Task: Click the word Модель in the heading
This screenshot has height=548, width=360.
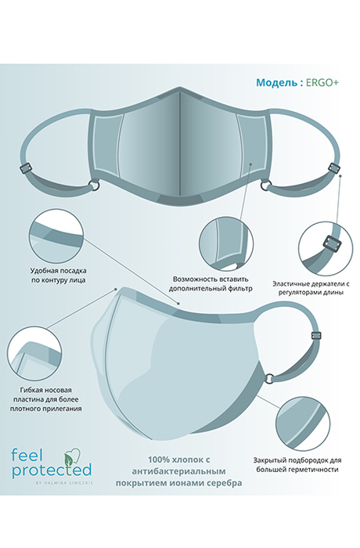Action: pyautogui.click(x=276, y=82)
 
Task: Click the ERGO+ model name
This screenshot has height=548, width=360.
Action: pyautogui.click(x=322, y=82)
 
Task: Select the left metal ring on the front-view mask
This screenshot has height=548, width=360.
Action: pyautogui.click(x=95, y=186)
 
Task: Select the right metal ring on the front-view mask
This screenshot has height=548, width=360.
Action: pyautogui.click(x=264, y=186)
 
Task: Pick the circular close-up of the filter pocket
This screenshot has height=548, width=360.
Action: pyautogui.click(x=226, y=243)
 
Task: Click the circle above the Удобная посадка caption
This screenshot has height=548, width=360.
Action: pyautogui.click(x=56, y=235)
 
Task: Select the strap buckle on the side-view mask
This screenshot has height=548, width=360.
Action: pyautogui.click(x=316, y=336)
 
